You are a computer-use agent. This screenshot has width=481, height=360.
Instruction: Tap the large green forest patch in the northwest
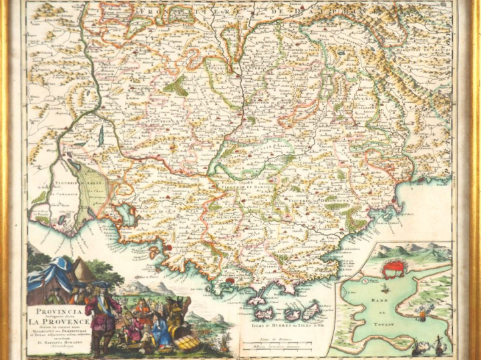click(176, 85)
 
